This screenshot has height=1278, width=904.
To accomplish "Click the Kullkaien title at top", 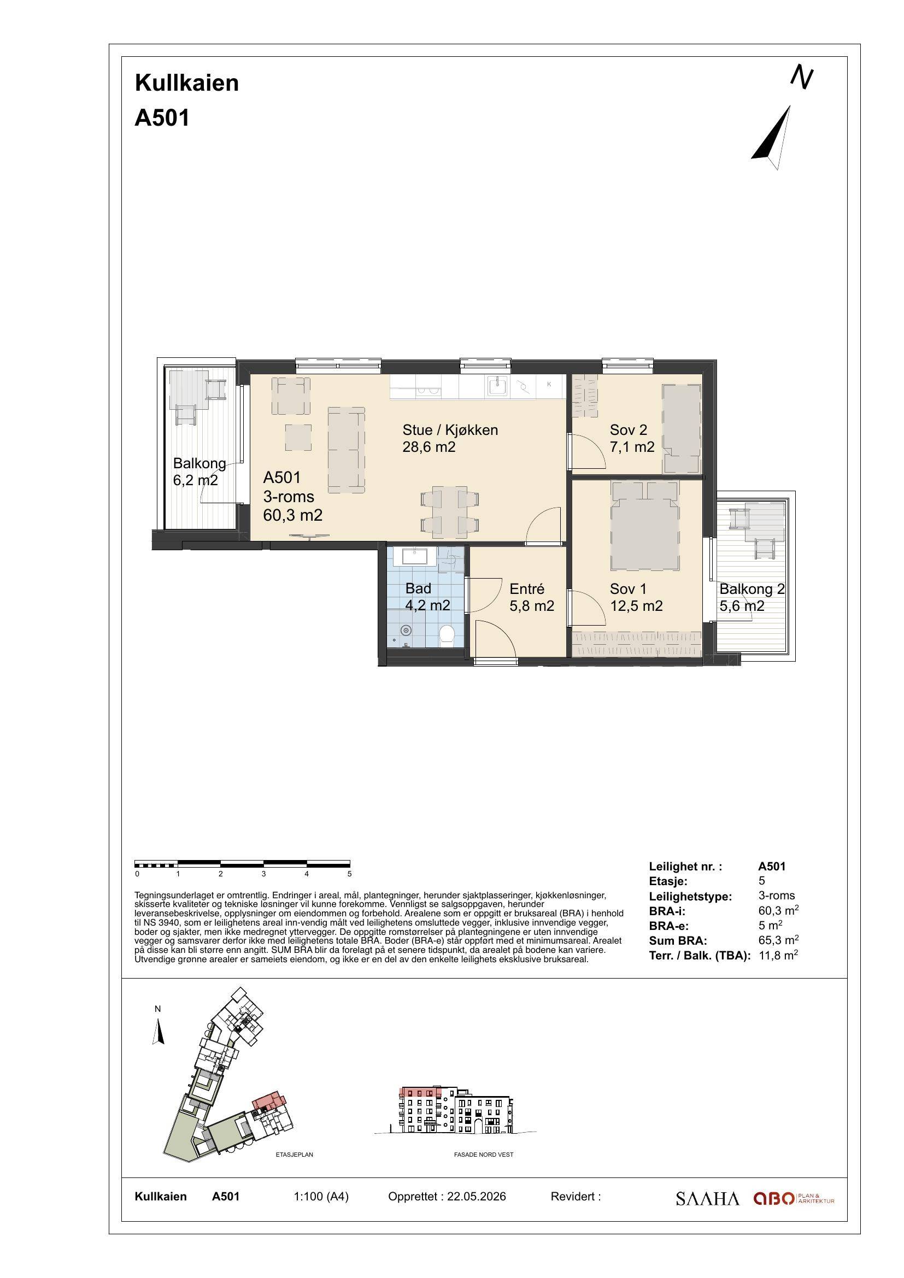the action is (187, 83).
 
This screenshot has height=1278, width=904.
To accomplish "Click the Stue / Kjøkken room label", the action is (450, 429).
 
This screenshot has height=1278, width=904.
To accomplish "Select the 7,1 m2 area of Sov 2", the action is (632, 446).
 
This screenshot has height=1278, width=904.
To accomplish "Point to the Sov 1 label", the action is (629, 588).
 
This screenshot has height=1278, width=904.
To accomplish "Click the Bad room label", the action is (418, 588).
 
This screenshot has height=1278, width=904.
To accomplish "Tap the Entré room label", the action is (526, 588).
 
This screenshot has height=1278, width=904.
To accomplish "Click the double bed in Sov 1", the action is (645, 526).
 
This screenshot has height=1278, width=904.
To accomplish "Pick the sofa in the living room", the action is (346, 450).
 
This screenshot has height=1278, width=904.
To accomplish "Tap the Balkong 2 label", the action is (752, 588).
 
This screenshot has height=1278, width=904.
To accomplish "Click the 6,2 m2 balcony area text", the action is (195, 480).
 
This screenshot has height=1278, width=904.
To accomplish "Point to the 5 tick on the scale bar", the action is (350, 874).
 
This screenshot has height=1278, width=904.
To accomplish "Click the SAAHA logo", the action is (707, 1199).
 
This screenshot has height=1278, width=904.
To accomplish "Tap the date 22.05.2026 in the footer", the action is (477, 1196).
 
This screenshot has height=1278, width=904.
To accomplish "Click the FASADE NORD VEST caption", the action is (484, 1155).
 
